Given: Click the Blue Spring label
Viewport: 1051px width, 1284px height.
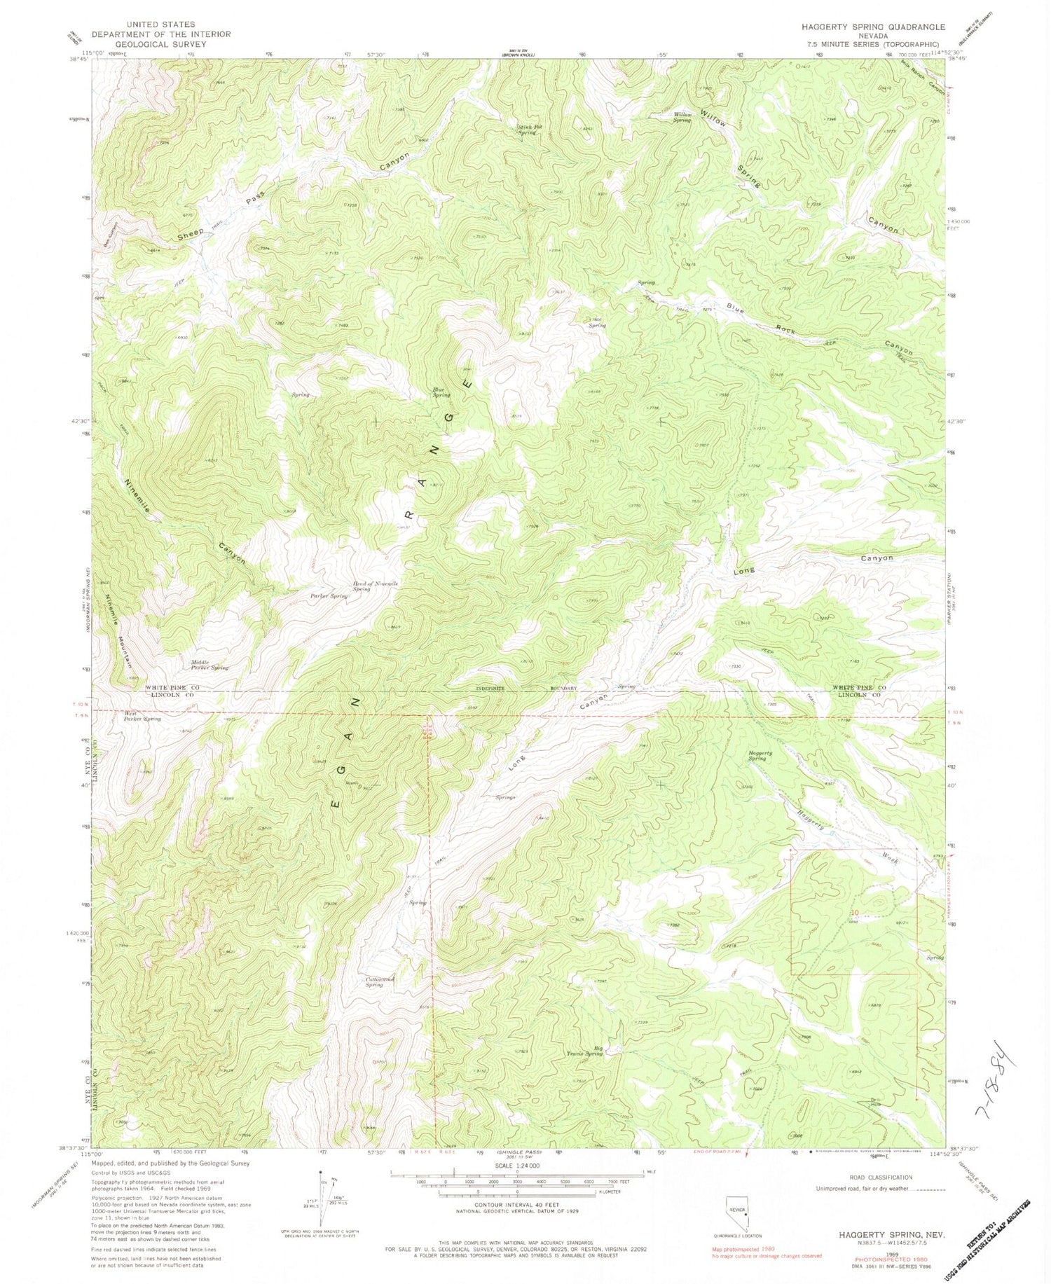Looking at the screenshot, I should click(441, 392).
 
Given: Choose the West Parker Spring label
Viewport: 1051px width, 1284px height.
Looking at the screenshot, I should click(142, 716).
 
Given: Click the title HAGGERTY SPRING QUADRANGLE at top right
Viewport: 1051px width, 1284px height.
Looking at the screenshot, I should click(868, 27).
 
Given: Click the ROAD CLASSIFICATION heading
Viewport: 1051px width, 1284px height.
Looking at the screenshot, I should click(863, 1178).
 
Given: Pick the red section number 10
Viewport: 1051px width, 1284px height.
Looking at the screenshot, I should click(853, 912).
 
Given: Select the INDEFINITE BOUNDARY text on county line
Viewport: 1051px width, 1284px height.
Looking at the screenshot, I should click(519, 689).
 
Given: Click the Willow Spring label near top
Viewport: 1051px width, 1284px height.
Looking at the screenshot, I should click(682, 117).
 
